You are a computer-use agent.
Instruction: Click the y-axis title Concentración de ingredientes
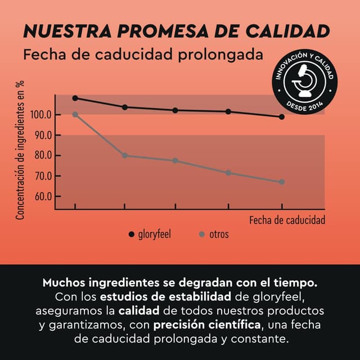point(20,150)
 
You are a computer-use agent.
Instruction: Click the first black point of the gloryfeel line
point(75,98)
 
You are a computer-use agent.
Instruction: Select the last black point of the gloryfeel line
point(282,117)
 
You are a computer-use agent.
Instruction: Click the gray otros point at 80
point(124,155)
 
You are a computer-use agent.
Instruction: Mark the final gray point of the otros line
point(282,182)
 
